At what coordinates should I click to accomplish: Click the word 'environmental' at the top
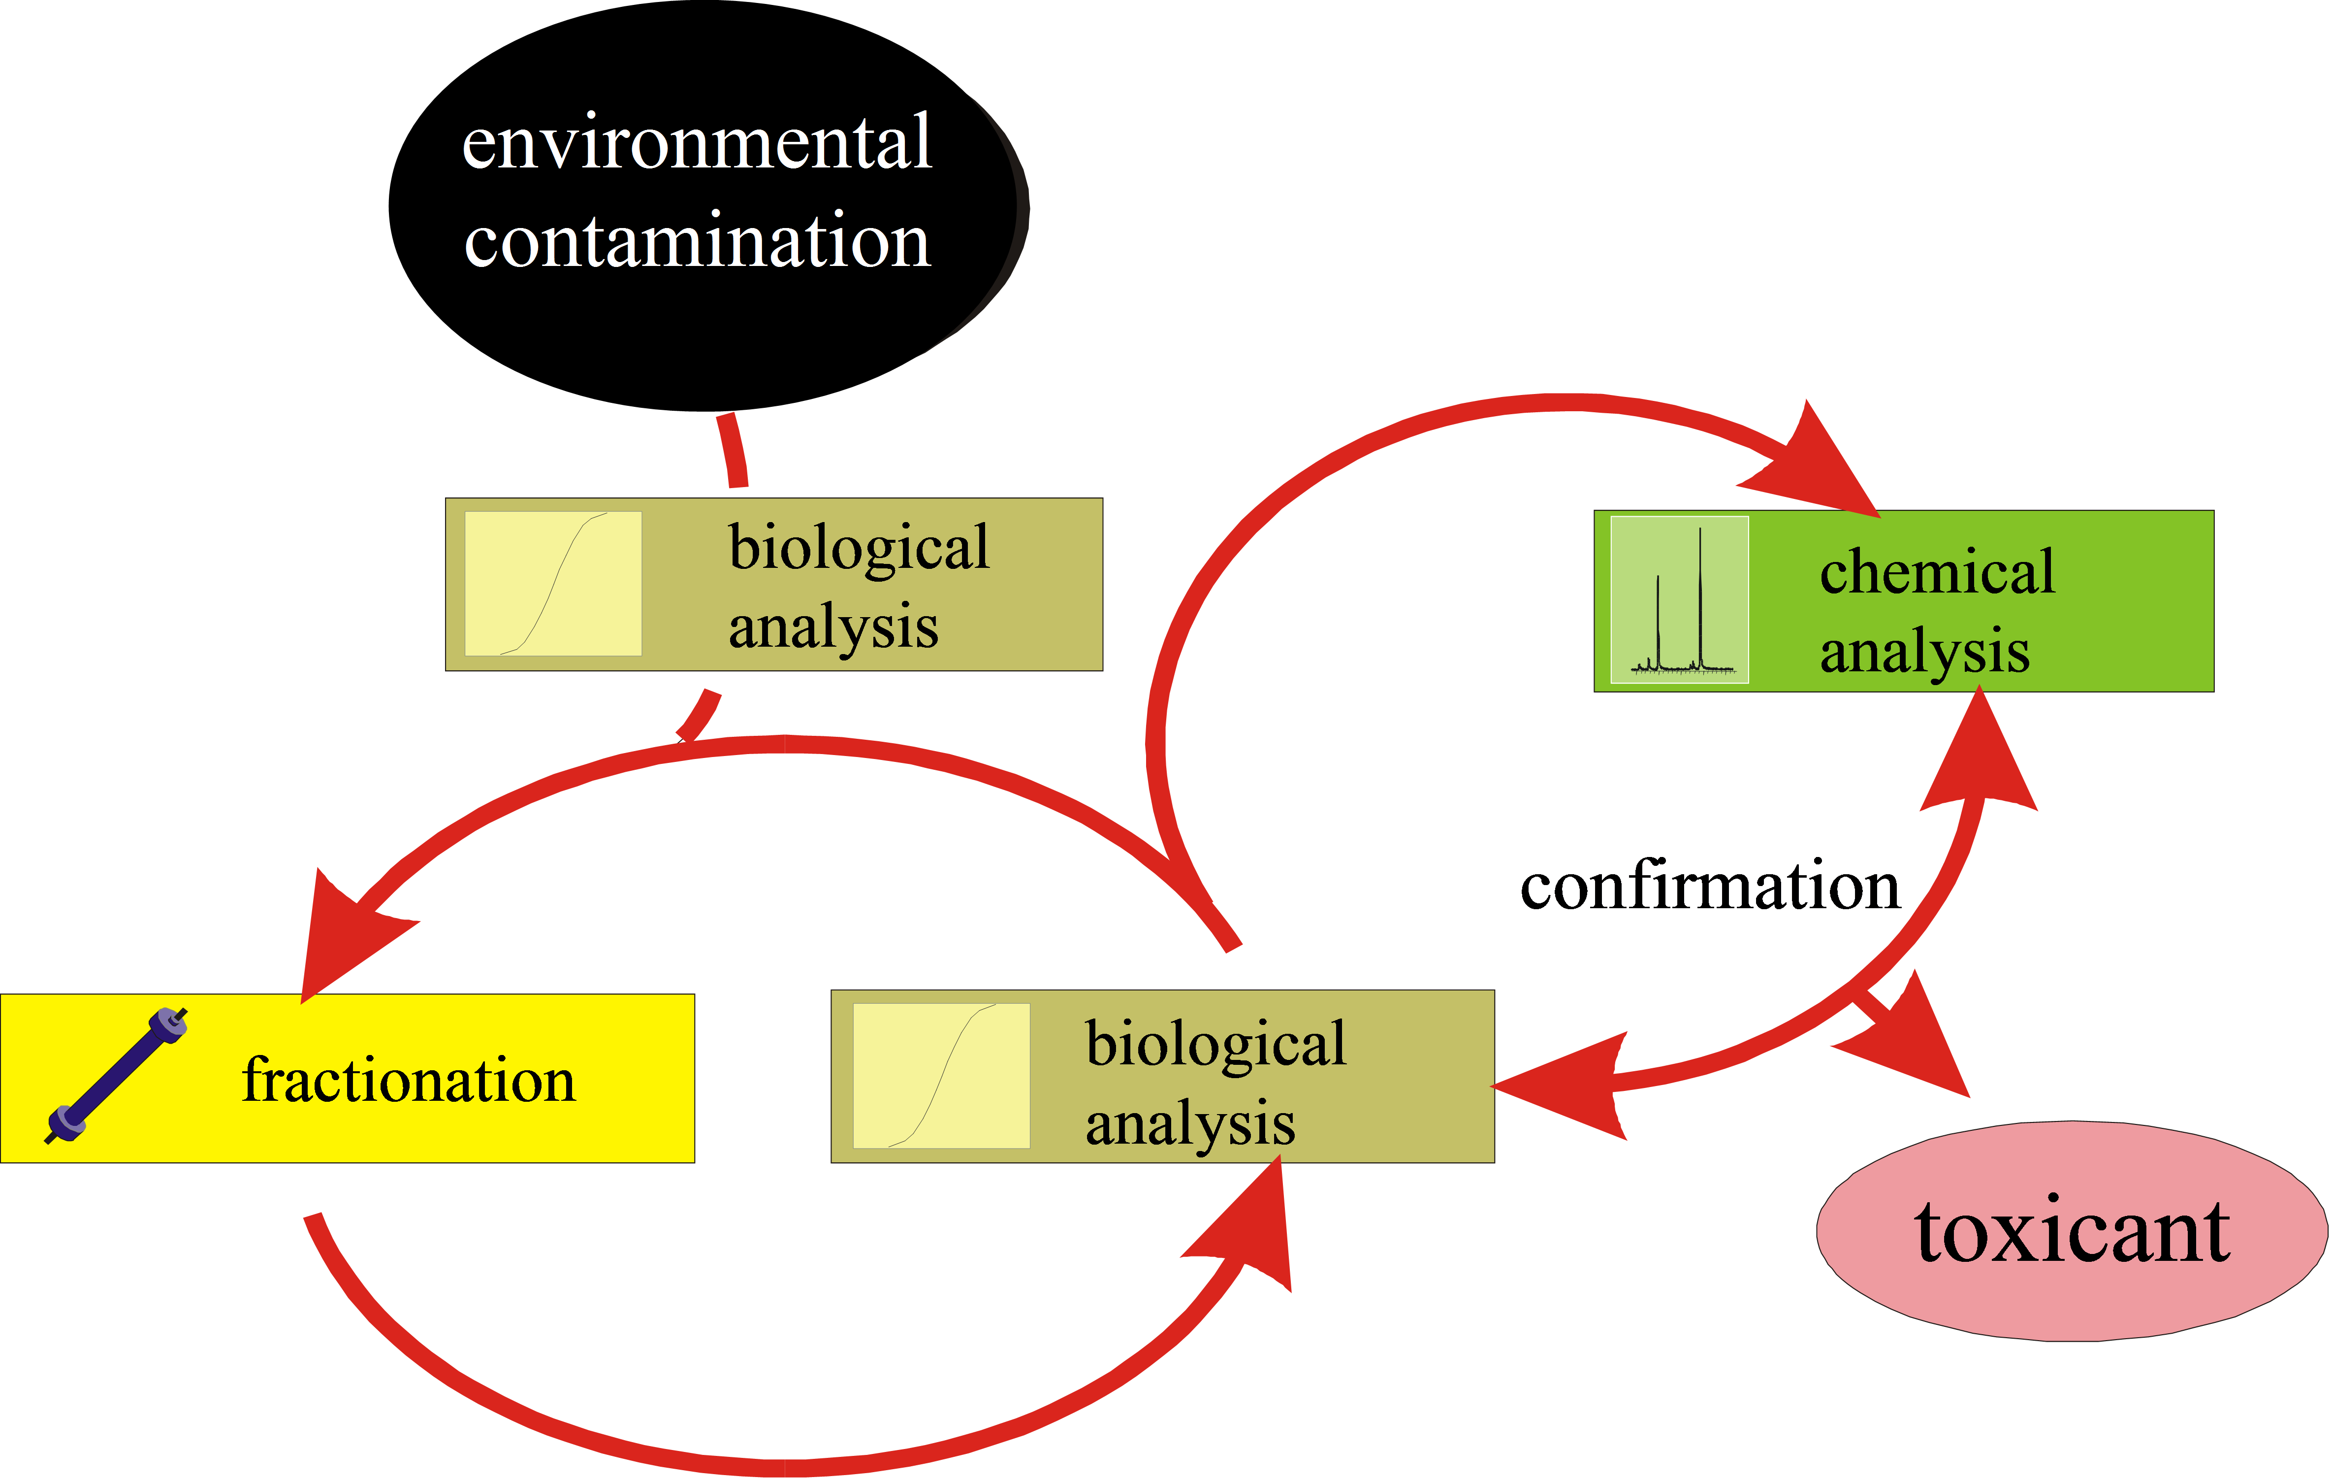697,143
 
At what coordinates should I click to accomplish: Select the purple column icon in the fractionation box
116,1076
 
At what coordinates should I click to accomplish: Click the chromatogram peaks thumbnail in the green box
1679,599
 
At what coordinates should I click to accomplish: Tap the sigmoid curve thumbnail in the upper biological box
553,584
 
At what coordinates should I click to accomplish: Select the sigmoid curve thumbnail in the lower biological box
941,1076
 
